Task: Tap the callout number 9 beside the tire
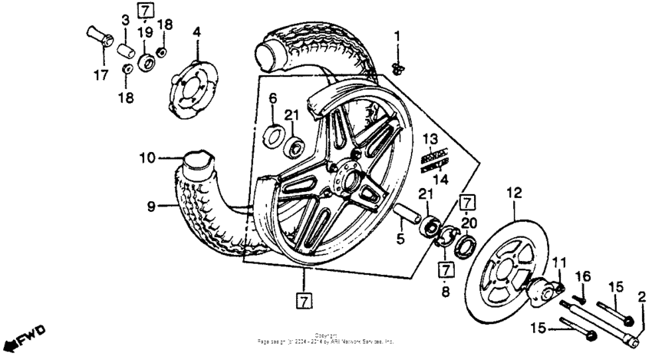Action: tap(151, 206)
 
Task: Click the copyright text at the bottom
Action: tap(325, 337)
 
